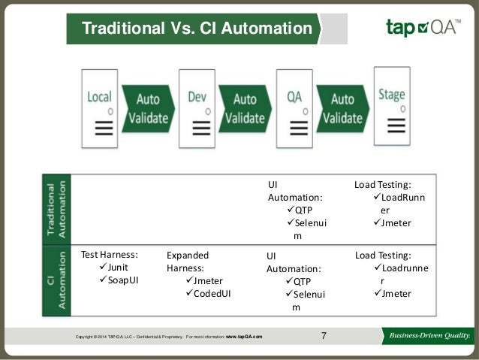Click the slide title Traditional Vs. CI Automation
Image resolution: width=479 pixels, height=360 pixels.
[196, 29]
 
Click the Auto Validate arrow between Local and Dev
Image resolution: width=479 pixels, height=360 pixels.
[148, 109]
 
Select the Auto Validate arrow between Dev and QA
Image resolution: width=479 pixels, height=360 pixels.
[245, 109]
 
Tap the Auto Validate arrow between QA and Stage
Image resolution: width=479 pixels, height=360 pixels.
[342, 109]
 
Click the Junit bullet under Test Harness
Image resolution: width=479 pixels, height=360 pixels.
[113, 267]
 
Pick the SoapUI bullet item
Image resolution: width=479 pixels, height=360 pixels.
[119, 280]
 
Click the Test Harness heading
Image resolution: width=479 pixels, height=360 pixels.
[110, 254]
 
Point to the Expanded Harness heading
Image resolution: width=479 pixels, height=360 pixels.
[188, 261]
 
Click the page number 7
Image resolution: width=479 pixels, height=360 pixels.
[324, 335]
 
